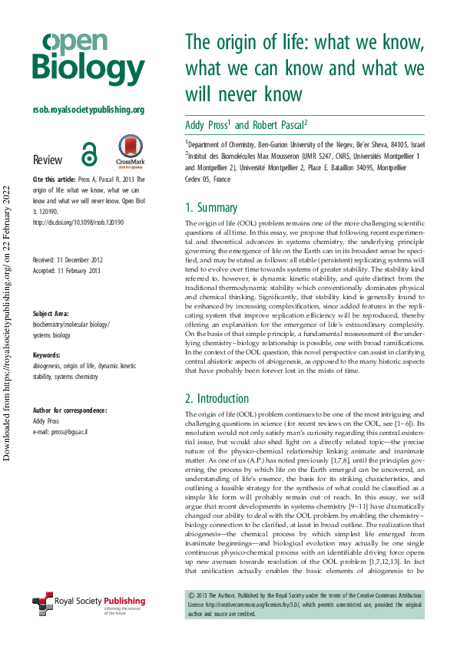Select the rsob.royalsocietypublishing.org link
(88, 110)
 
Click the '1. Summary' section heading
(211, 207)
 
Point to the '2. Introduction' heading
(217, 398)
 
